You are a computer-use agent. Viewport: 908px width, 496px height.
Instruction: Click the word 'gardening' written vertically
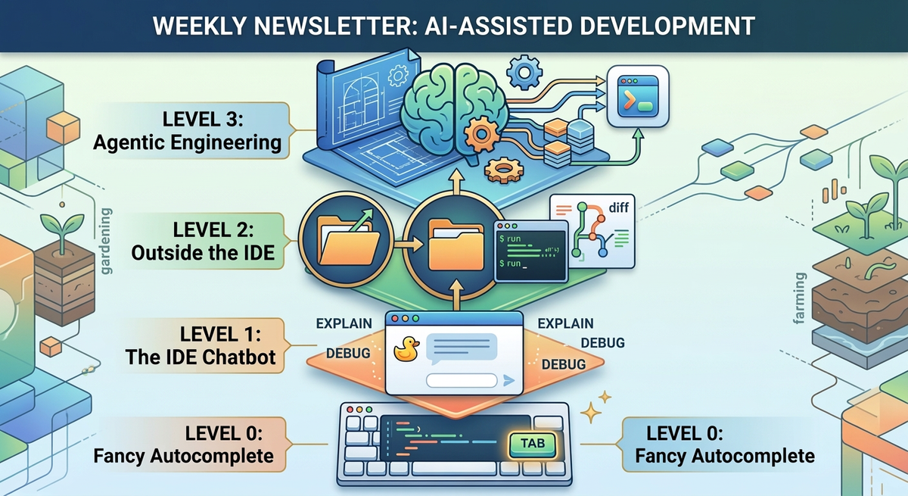[104, 243]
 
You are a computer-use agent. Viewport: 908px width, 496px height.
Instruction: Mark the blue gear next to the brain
[523, 73]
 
